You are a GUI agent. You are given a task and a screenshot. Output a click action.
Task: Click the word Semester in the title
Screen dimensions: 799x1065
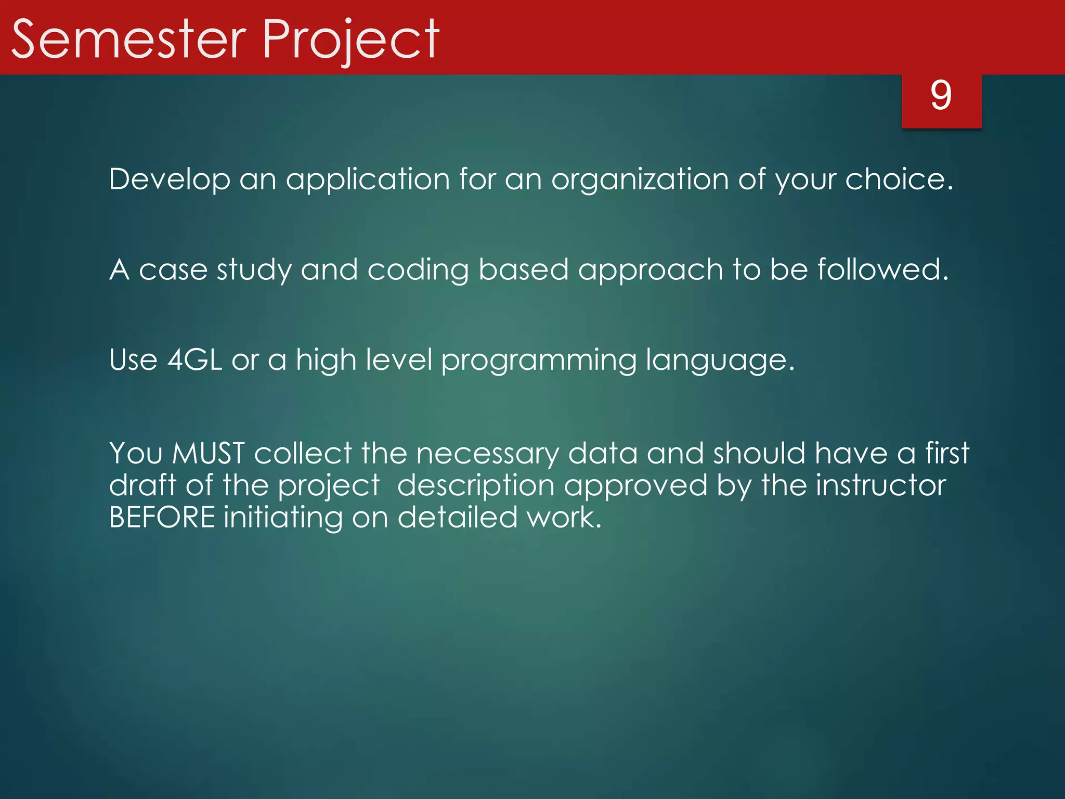coord(128,40)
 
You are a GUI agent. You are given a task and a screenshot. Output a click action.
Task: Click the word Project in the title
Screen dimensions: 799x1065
coord(351,40)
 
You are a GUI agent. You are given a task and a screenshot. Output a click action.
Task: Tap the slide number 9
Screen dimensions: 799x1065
coord(941,96)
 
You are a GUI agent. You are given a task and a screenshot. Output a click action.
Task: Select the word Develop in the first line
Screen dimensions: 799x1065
coord(170,179)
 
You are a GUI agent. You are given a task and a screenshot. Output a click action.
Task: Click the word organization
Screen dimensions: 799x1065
coord(640,179)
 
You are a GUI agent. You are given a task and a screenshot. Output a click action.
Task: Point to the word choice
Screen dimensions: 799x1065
coord(898,179)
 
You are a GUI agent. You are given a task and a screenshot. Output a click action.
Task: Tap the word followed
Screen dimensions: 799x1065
coord(882,269)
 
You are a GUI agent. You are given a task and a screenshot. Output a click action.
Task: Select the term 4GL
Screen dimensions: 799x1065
coord(195,360)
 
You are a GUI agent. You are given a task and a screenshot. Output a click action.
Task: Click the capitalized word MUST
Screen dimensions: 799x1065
coord(208,453)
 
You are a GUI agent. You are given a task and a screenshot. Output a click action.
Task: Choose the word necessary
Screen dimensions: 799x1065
coord(487,454)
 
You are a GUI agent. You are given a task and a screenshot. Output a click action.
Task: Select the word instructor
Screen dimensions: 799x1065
coord(880,485)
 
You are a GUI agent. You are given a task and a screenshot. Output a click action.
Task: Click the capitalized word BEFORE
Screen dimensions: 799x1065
coord(162,518)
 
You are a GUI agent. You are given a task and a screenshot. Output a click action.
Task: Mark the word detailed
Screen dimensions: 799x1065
coord(458,518)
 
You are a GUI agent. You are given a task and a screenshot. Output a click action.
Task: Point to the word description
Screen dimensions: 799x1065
coord(476,486)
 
